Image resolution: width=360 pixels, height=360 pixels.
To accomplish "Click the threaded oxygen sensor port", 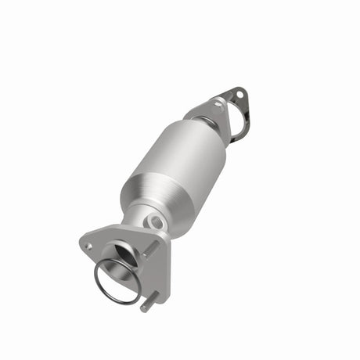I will (x=157, y=222).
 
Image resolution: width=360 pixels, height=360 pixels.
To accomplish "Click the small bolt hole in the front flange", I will (x=88, y=246).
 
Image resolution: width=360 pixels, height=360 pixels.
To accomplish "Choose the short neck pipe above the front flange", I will (x=141, y=219).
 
